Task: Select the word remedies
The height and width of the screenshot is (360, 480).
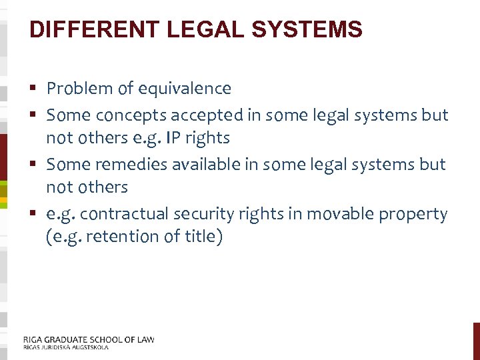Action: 133,163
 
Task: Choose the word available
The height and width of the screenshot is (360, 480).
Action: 207,163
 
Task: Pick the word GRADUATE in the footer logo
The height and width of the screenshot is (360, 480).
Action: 65,339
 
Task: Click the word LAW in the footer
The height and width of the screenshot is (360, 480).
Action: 144,339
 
